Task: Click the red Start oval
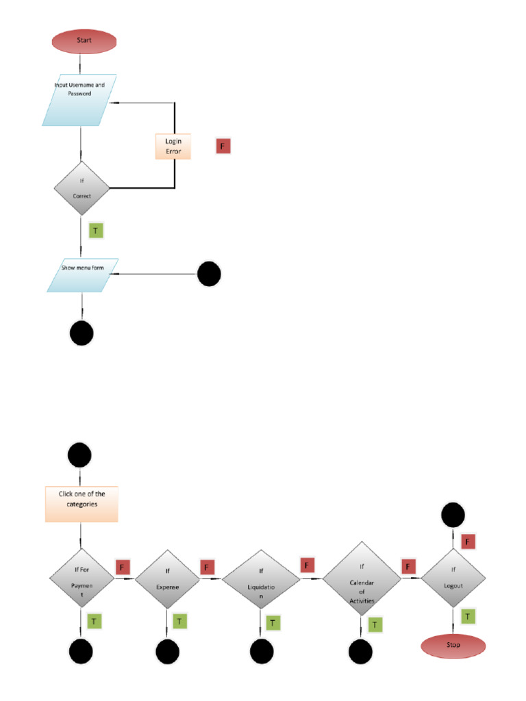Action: click(x=84, y=41)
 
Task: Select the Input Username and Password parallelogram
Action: click(x=79, y=100)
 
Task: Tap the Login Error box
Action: click(x=173, y=145)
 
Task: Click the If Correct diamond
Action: click(x=82, y=188)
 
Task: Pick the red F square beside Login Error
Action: click(x=223, y=146)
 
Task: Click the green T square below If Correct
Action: click(x=95, y=230)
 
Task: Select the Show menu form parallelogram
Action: click(x=83, y=275)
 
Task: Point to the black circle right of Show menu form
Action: click(x=209, y=275)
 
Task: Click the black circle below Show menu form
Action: click(x=82, y=333)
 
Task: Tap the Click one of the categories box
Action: click(x=82, y=504)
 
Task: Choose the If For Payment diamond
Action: click(x=82, y=578)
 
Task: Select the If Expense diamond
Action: click(x=167, y=579)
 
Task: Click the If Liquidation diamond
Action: click(x=261, y=579)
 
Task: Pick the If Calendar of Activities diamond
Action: click(x=361, y=579)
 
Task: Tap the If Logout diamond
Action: click(x=453, y=578)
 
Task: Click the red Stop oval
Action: click(x=453, y=645)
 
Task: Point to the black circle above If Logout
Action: click(x=453, y=515)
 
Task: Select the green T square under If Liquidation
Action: click(x=273, y=622)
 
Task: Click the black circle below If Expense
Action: click(x=167, y=652)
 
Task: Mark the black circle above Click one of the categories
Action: click(x=80, y=455)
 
